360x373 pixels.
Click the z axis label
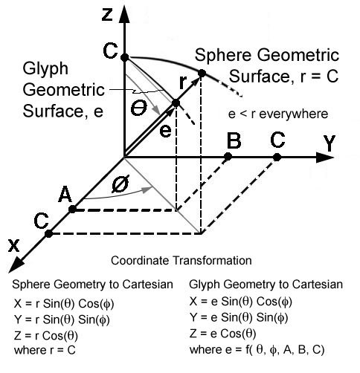point(107,15)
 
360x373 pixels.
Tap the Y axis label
point(330,143)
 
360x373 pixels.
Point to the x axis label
point(13,246)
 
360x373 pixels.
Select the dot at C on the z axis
point(125,57)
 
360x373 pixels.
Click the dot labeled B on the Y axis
point(228,157)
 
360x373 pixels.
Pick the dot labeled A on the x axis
point(72,210)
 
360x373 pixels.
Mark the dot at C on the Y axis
point(277,157)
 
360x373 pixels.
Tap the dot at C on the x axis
point(49,233)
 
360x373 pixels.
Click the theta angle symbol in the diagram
point(139,108)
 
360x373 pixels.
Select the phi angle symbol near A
point(120,184)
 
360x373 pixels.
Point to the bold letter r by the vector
point(182,82)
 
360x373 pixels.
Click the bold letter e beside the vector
point(165,132)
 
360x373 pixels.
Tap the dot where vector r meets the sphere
point(202,74)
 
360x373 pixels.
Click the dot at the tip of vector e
point(176,103)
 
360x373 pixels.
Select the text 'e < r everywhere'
point(278,114)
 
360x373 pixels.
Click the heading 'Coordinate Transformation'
point(181,261)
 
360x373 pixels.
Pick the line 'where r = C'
point(45,350)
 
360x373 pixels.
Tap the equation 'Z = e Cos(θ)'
point(222,334)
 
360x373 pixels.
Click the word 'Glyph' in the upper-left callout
point(45,69)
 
